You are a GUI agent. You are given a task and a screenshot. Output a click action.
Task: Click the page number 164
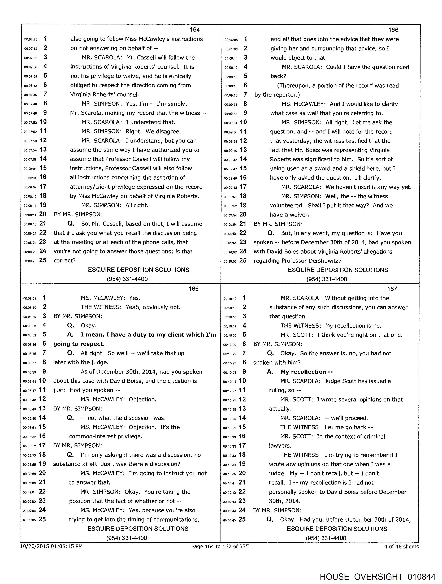[x=195, y=30]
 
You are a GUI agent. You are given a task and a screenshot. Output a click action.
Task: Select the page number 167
[x=392, y=289]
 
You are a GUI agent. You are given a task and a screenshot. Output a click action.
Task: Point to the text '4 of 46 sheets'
[x=401, y=546]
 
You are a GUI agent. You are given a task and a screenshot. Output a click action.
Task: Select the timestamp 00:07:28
[x=31, y=39]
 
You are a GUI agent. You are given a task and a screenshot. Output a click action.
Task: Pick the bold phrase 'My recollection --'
[x=307, y=372]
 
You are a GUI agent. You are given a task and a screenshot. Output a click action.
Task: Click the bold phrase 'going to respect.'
[x=79, y=344]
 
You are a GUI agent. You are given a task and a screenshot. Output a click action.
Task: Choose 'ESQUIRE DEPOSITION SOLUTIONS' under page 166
[x=338, y=270]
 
